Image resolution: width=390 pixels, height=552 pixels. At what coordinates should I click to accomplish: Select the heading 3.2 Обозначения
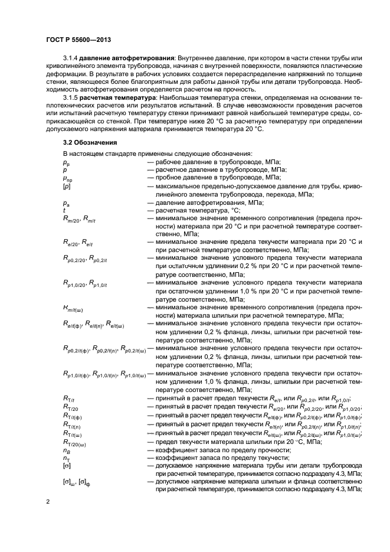click(x=89, y=143)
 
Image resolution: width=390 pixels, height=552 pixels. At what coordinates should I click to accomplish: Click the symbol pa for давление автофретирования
click(x=66, y=202)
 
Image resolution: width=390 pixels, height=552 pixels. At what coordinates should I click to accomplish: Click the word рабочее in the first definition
click(x=170, y=162)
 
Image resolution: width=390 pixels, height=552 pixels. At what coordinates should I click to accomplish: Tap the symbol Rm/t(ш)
click(x=77, y=308)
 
